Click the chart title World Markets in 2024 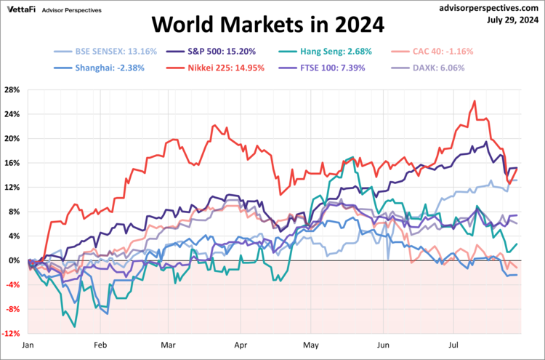click(267, 26)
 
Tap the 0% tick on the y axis click(15, 260)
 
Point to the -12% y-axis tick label click(11, 334)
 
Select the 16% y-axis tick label click(12, 163)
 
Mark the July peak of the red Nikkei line click(474, 101)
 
